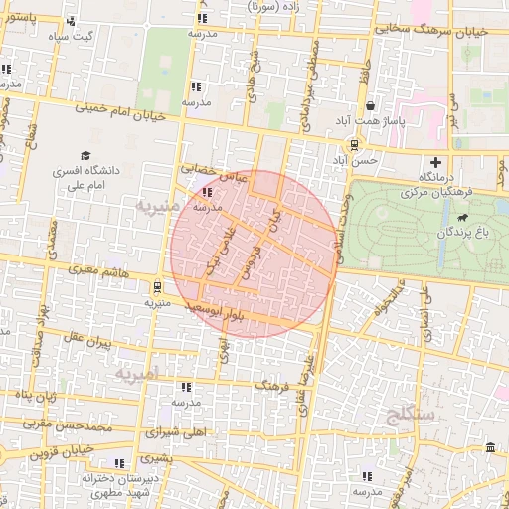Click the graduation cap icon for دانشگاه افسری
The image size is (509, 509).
pyautogui.click(x=85, y=156)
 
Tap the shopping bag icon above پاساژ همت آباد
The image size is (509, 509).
pyautogui.click(x=371, y=106)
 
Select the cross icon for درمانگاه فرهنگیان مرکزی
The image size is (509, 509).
pyautogui.click(x=435, y=162)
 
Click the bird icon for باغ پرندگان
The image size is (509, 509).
pyautogui.click(x=462, y=218)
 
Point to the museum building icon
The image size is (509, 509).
pyautogui.click(x=491, y=450)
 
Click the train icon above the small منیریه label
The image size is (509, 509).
pyautogui.click(x=156, y=288)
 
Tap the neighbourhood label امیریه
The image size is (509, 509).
pyautogui.click(x=137, y=375)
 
